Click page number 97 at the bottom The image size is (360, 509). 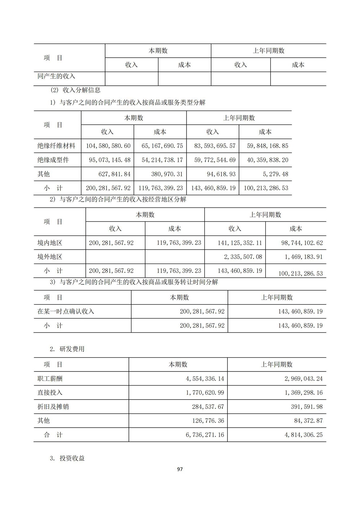tap(180, 469)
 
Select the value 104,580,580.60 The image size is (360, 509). tap(108, 146)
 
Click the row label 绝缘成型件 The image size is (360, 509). tap(53, 160)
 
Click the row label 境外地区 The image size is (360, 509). tap(50, 257)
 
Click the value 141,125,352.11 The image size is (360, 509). tap(240, 243)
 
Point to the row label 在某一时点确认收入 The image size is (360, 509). tap(66, 311)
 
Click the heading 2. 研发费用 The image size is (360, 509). tap(67, 349)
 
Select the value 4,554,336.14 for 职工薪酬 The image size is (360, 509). tap(205, 379)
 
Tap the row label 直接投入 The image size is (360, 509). tap(50, 392)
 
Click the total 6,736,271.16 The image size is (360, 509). tap(205, 435)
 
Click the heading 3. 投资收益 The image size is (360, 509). tap(67, 458)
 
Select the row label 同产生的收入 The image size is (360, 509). tap(56, 76)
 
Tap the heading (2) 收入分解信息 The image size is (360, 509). tap(75, 90)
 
